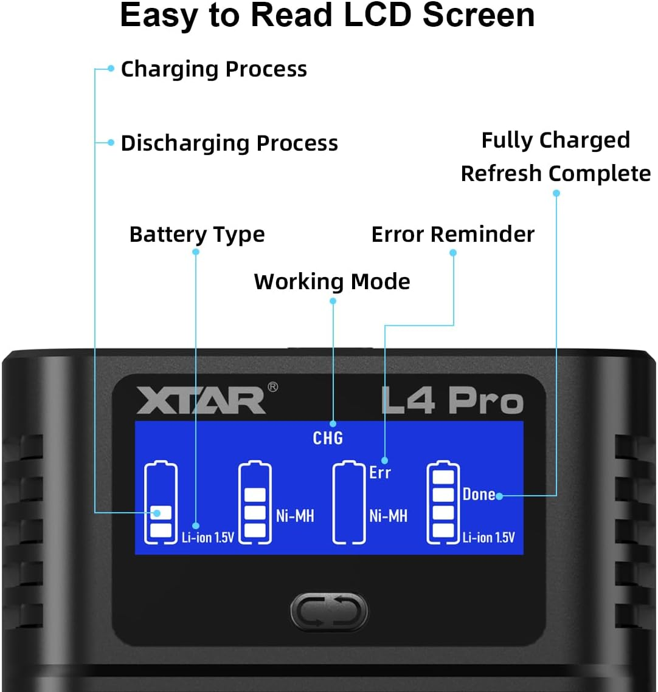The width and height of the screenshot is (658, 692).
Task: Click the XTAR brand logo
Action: [x=201, y=400]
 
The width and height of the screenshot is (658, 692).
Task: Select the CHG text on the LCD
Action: [x=328, y=437]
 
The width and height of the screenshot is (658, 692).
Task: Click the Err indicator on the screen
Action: [x=380, y=473]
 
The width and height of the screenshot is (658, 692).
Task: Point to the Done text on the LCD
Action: [x=479, y=494]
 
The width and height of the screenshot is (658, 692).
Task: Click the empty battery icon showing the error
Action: [x=349, y=502]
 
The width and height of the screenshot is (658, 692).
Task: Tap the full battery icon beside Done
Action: [x=443, y=502]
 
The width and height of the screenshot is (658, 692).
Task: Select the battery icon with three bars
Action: [x=255, y=502]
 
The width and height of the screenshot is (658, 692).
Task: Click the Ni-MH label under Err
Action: [x=388, y=516]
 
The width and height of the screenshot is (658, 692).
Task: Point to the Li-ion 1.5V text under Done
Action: [x=488, y=537]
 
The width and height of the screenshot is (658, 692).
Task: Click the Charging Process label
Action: [x=213, y=69]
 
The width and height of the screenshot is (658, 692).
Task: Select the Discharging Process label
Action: [x=229, y=143]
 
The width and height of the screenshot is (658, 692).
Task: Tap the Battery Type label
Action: [x=197, y=235]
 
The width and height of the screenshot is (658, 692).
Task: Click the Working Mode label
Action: [x=332, y=282]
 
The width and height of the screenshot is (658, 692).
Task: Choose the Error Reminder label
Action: [x=452, y=235]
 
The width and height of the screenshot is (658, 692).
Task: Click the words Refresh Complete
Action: [x=555, y=174]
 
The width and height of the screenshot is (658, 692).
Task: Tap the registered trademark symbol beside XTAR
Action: [x=272, y=387]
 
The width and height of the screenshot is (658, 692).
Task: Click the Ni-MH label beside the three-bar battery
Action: [x=295, y=516]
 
